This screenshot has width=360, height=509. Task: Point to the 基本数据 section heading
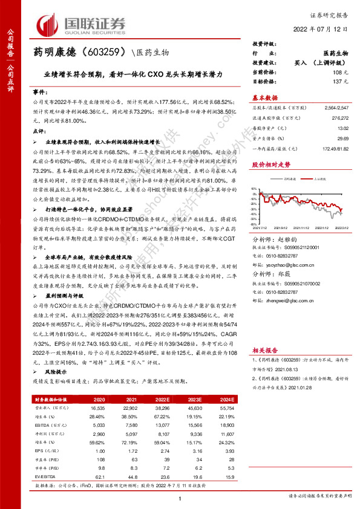[x=265, y=97]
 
